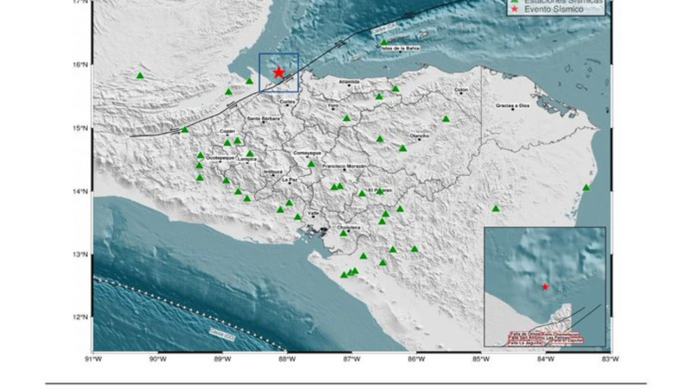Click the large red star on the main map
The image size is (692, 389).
(x=279, y=72)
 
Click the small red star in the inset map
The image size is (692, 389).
(x=545, y=286)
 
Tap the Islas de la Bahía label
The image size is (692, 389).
(x=400, y=48)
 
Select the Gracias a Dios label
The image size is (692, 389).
(x=513, y=105)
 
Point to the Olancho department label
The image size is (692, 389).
(x=420, y=136)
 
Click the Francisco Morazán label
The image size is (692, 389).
(x=344, y=166)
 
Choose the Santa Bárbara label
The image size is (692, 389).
(x=263, y=118)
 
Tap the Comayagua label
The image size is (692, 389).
(x=307, y=153)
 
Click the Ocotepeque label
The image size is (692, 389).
(x=220, y=158)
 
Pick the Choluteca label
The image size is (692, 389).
(x=348, y=227)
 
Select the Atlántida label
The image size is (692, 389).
(x=349, y=82)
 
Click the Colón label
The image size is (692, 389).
(x=461, y=90)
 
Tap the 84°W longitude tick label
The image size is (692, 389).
(x=545, y=359)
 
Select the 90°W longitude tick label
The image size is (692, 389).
(x=157, y=359)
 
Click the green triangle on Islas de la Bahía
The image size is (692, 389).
(x=384, y=42)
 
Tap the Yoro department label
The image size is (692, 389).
(x=333, y=105)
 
